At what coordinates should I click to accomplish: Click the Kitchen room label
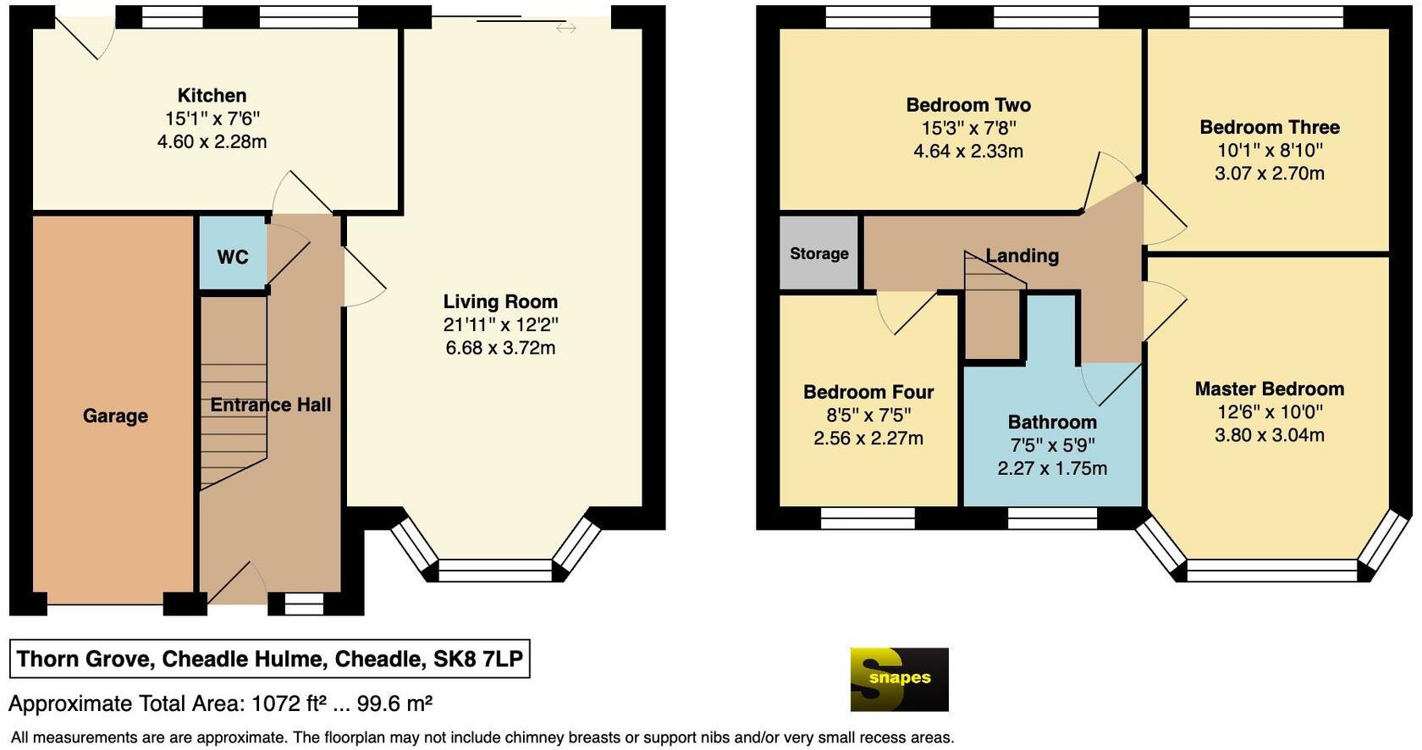coord(212,96)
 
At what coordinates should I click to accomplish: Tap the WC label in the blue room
coord(233,257)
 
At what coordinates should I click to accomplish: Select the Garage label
coord(115,416)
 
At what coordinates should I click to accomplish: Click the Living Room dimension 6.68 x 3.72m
coord(500,348)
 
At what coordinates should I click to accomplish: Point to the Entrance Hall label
coord(270,405)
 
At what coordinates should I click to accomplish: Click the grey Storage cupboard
coord(818,253)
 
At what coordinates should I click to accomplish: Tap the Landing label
coord(1022,256)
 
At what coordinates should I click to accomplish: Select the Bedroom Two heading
coord(968,105)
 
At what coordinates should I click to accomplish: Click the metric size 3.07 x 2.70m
coord(1269,174)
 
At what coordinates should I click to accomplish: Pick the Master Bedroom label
coord(1269,389)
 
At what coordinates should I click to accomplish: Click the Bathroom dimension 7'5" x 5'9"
coord(1052,445)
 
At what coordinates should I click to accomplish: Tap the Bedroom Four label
coord(868,392)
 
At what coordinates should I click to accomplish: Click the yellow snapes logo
coord(899,679)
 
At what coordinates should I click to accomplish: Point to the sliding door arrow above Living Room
coord(566,28)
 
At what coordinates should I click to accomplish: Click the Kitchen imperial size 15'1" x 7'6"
coord(212,119)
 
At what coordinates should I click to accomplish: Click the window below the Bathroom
coord(1053,518)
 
